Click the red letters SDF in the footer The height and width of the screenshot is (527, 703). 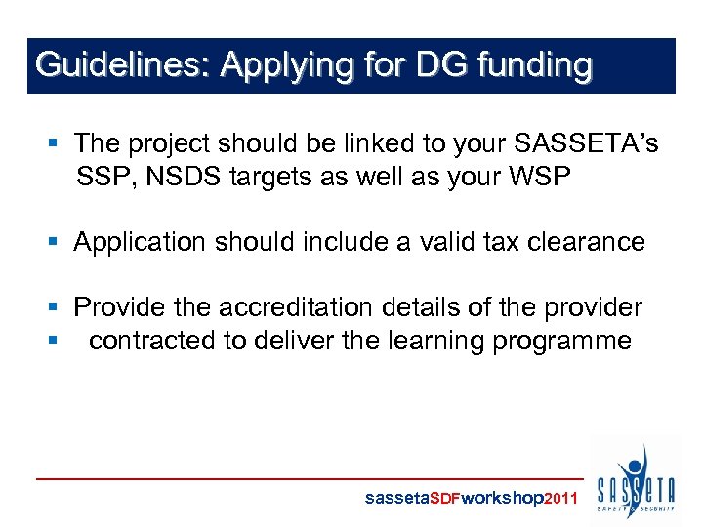coord(444,498)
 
